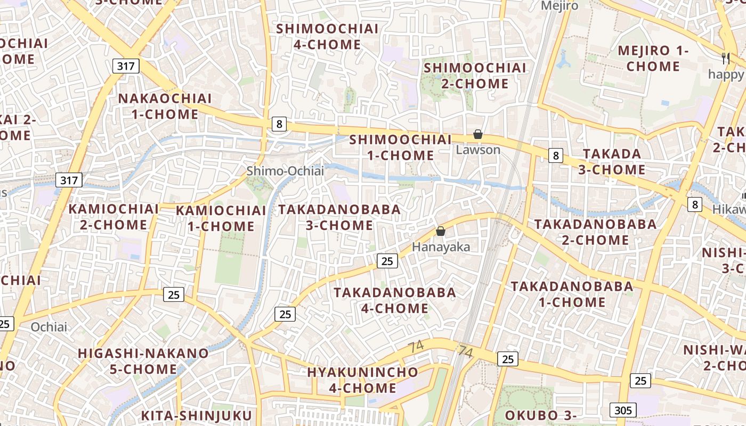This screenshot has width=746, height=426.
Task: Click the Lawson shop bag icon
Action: pos(478,135)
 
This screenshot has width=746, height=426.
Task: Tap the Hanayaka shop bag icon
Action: pos(441,231)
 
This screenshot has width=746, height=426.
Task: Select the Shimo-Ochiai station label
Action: pos(285,171)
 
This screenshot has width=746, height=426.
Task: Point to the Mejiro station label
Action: pos(559,6)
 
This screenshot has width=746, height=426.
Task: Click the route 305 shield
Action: pos(622,409)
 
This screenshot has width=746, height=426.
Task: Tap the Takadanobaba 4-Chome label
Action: pos(395,300)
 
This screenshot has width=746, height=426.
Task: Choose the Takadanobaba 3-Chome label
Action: pos(339,217)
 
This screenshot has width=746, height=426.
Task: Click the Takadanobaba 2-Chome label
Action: pos(595,232)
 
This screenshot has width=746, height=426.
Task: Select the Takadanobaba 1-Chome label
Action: pos(572,294)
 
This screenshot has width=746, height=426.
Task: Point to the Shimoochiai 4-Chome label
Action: pos(327,36)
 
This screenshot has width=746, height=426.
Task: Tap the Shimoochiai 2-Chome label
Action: pos(474,76)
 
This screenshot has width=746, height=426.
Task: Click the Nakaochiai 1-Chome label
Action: pos(165,106)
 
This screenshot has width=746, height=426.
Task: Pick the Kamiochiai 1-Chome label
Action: pos(221,218)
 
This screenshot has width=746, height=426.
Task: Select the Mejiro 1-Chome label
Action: pos(653,59)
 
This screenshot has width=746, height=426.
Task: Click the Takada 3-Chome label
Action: pos(612,162)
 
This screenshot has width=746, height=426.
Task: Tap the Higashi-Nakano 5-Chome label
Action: pos(143,361)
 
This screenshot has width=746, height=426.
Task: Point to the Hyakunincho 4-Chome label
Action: pos(362,380)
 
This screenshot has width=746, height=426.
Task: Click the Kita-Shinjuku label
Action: pos(196,415)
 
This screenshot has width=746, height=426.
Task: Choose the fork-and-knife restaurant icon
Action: pos(725,58)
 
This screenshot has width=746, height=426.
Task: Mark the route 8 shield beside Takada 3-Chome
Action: pos(556,155)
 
